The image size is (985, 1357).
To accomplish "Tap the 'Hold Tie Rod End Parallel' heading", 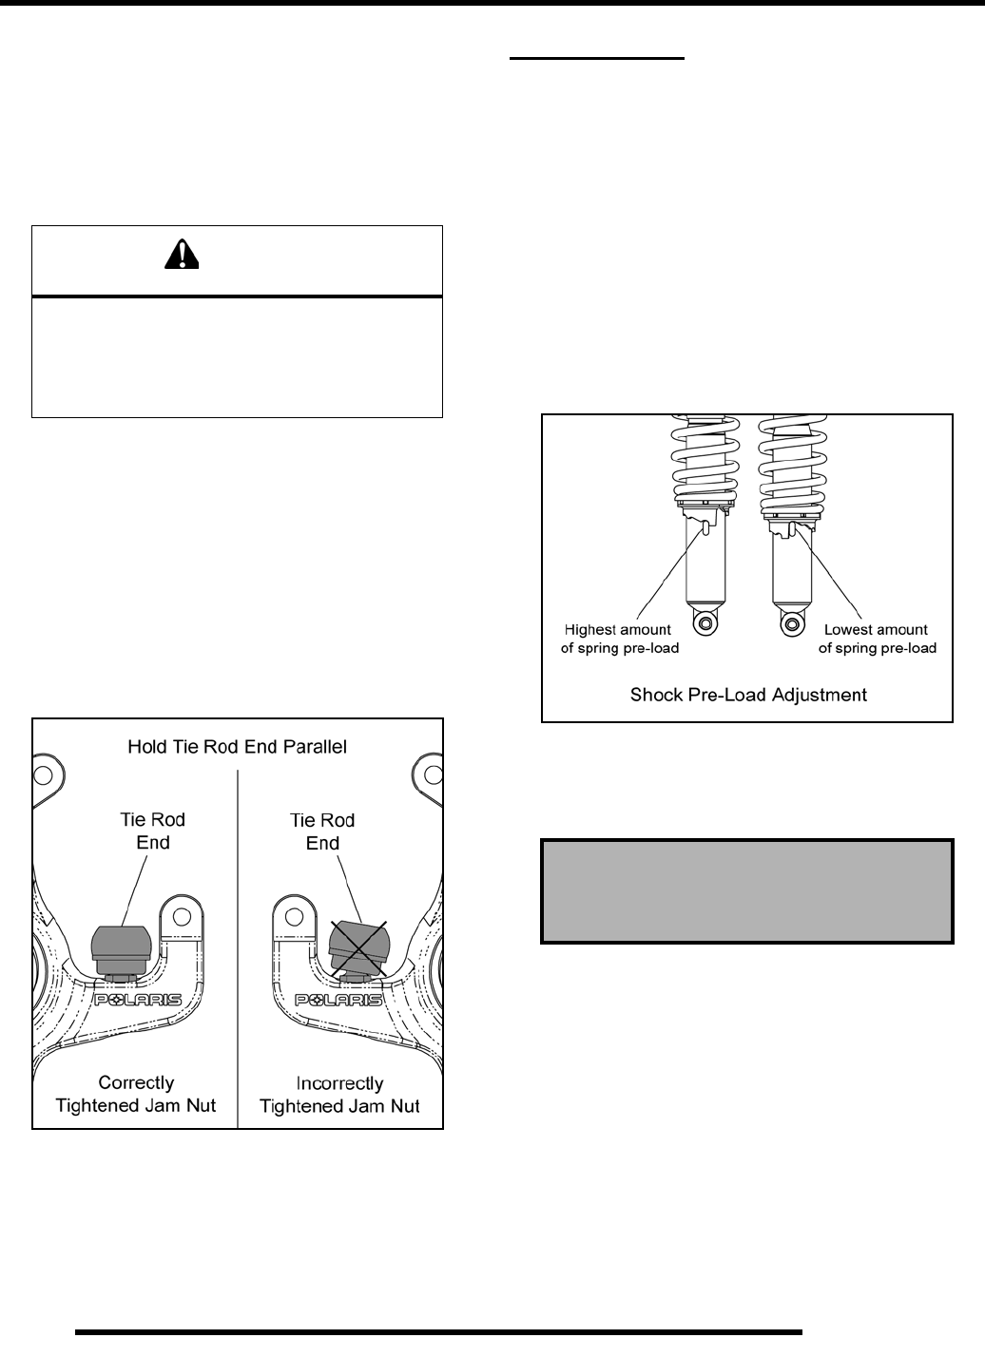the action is point(237,747).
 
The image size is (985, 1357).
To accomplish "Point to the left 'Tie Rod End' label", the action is point(153,831).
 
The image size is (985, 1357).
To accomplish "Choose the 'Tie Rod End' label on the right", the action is point(322,831).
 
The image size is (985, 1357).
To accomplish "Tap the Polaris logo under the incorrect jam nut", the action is point(339,1000).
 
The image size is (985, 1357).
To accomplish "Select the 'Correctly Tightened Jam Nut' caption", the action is point(137,1094).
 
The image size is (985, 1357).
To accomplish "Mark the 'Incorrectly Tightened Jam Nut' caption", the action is point(339,1095).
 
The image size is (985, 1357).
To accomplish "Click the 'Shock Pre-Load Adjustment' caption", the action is point(748,695).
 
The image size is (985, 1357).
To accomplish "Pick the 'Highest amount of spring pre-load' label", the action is point(618,639).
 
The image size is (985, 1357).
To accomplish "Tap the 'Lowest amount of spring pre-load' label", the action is point(876,639).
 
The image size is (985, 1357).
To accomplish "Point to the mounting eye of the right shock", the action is point(789,622).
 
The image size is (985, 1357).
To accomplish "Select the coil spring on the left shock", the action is point(705,461).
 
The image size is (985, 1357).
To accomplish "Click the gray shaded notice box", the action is point(747,890).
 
